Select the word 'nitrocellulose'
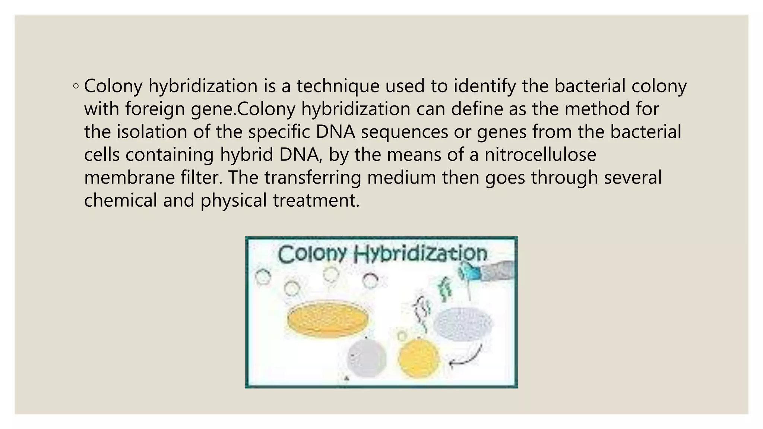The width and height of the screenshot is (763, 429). point(540,155)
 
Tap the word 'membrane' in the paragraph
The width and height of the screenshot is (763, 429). point(129,177)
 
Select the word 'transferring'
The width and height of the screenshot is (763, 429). point(313,177)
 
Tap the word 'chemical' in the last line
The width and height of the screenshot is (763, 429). point(121,200)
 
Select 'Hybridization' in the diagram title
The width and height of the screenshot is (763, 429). point(420,254)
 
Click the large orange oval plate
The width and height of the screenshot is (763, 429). point(327,318)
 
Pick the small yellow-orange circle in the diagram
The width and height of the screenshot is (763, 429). point(418,358)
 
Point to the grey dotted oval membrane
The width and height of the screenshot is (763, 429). point(463,324)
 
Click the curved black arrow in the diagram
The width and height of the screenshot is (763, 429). point(466,357)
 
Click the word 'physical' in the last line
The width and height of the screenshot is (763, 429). point(233,200)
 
